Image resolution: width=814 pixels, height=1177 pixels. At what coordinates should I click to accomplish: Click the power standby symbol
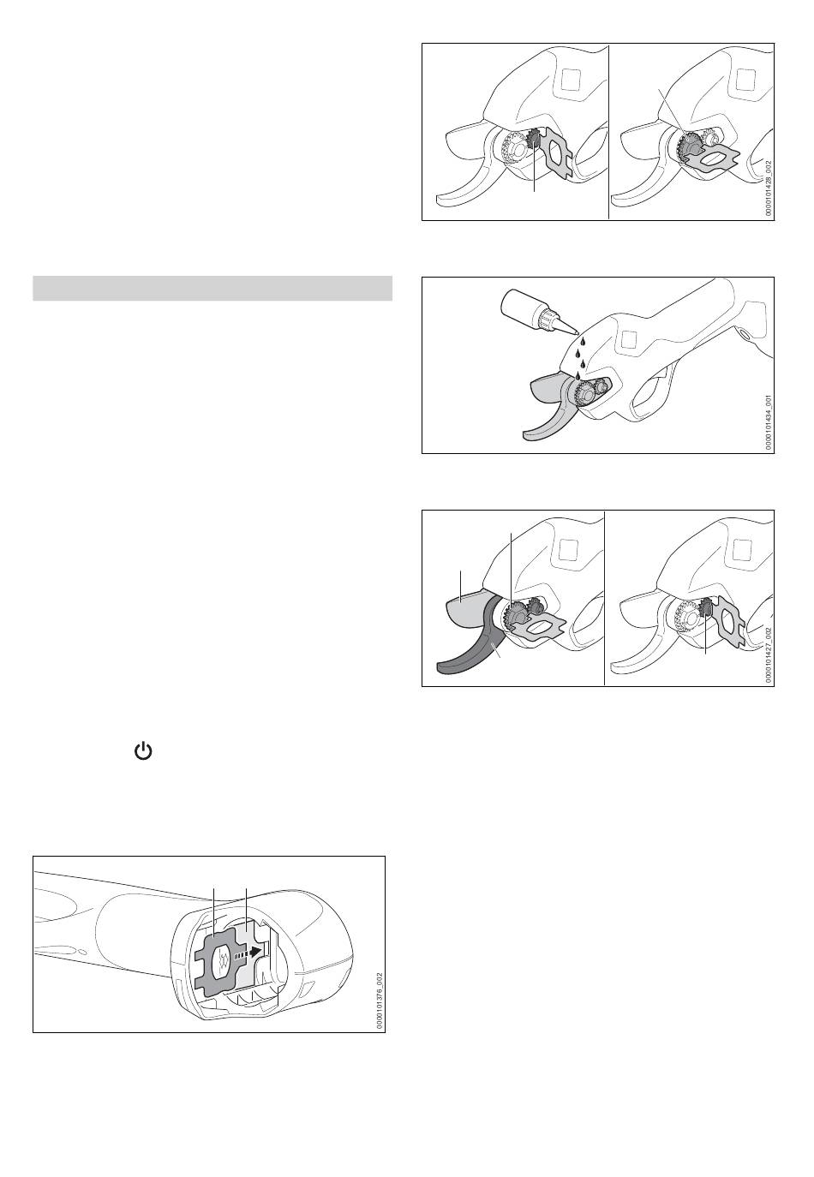143,752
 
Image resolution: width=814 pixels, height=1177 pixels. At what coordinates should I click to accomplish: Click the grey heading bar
212,288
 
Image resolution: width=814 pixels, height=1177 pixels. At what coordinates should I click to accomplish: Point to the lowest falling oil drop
578,374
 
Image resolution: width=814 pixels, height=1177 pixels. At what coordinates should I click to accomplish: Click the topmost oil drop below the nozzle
582,341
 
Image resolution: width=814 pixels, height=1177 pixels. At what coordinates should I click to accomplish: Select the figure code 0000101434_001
769,423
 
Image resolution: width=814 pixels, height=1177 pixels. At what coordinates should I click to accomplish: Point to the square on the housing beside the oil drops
629,340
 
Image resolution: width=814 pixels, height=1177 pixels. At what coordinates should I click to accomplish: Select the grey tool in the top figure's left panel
553,150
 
